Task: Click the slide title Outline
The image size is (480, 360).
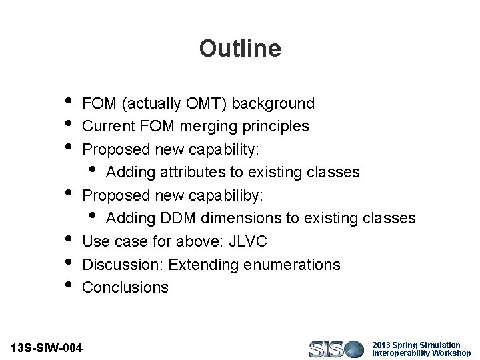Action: coord(240,49)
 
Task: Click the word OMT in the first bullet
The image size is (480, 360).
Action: coord(197,103)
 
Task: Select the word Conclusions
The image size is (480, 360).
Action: coord(125,287)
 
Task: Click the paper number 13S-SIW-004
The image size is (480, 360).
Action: coord(47,348)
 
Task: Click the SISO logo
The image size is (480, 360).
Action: coord(336,349)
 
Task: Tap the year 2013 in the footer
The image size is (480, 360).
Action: coord(381,345)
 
